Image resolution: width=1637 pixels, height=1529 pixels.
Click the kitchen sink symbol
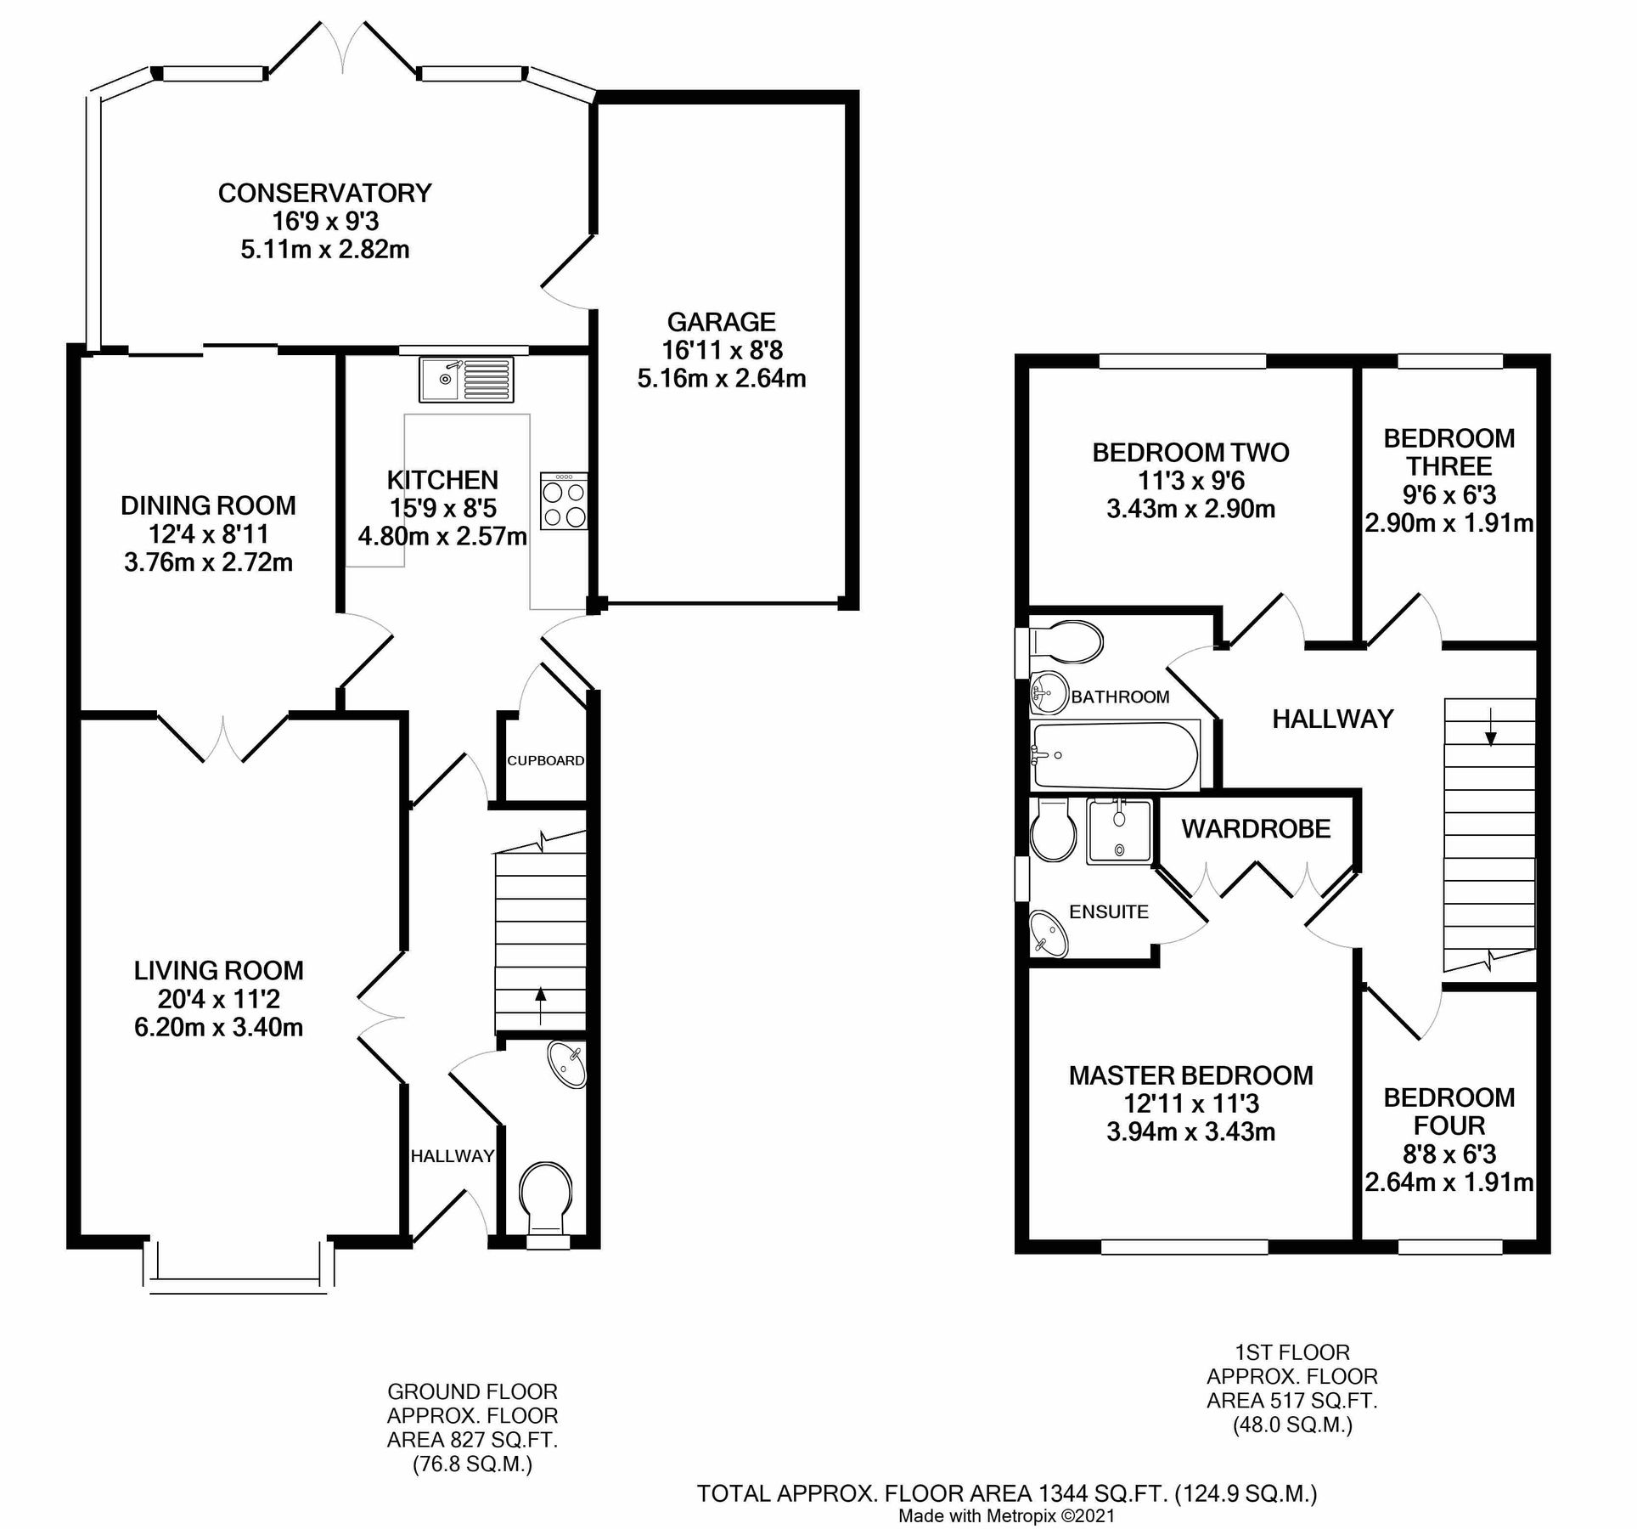tap(466, 380)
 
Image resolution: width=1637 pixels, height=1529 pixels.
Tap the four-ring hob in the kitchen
tap(564, 502)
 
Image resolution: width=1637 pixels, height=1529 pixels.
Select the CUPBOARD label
tap(545, 760)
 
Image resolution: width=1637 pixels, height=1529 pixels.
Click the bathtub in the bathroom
tap(1114, 756)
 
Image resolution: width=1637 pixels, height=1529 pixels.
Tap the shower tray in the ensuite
tap(1120, 832)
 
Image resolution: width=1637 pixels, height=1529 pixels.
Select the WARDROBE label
tap(1256, 829)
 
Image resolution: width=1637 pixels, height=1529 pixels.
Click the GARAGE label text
tap(721, 322)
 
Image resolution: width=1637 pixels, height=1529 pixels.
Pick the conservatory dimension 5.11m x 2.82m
tap(325, 250)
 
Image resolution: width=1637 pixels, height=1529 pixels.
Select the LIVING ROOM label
tap(218, 970)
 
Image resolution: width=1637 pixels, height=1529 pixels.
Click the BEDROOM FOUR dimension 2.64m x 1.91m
tap(1449, 1182)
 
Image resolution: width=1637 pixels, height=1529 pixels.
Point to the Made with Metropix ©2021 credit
tap(1006, 1515)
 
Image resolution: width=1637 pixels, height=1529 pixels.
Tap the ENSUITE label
tap(1108, 912)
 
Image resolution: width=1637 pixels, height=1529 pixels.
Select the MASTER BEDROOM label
tap(1190, 1075)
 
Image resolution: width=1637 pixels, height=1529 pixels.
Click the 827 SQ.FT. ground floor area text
tap(472, 1439)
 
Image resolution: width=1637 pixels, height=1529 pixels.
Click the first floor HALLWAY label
tap(1332, 719)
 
